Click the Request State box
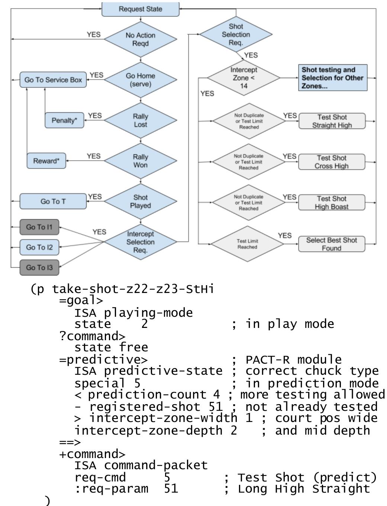click(x=140, y=9)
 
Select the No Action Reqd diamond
click(x=140, y=39)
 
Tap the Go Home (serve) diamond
click(x=140, y=80)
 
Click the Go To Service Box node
click(x=53, y=80)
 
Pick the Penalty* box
click(x=64, y=120)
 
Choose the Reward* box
click(x=46, y=161)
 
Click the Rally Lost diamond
click(x=140, y=120)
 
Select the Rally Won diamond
click(x=140, y=161)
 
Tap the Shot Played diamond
click(x=140, y=202)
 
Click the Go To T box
click(x=53, y=202)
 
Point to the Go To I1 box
click(x=39, y=227)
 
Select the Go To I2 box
click(x=39, y=247)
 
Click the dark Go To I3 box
click(x=39, y=268)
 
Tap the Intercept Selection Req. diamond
click(x=140, y=242)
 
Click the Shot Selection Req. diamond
click(x=236, y=35)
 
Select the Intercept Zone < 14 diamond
click(x=244, y=78)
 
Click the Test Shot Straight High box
click(x=332, y=121)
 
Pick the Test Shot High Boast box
click(x=331, y=203)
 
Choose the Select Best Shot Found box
click(x=331, y=244)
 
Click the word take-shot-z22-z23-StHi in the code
click(x=133, y=289)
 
